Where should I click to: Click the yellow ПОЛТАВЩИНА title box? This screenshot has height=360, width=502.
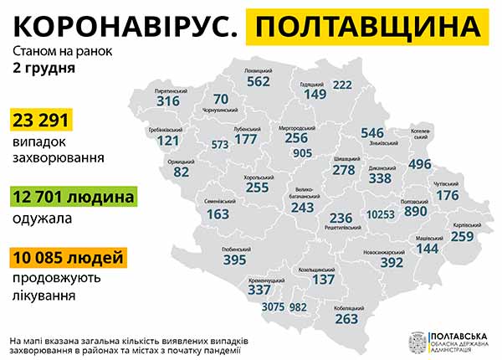point(369,27)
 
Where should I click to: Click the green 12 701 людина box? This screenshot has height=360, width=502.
point(73,198)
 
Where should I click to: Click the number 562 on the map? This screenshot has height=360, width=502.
point(258,81)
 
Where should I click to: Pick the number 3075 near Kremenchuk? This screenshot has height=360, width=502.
point(274,307)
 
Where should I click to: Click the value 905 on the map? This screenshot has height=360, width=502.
point(303,153)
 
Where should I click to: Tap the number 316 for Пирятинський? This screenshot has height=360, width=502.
point(168,101)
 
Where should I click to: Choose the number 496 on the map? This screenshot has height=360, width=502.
point(420,163)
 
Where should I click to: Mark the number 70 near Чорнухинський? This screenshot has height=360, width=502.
point(221,99)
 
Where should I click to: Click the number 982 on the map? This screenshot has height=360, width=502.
point(300,307)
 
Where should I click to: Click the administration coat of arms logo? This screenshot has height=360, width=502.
point(415,342)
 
